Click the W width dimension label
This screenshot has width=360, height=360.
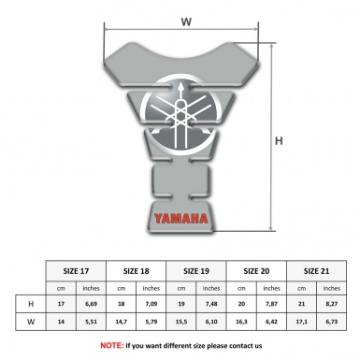click(187, 19)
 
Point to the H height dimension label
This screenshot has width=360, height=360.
click(278, 141)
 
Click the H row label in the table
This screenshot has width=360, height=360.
click(32, 304)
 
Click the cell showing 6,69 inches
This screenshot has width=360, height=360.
click(92, 304)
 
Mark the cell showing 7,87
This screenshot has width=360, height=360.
click(272, 304)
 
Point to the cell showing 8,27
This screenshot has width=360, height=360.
click(332, 304)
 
